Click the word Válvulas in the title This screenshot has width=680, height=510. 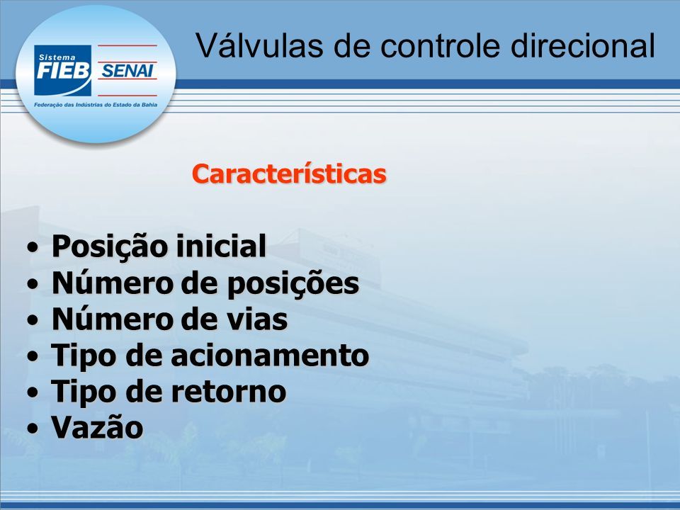pos(259,45)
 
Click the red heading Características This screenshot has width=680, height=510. pos(289,174)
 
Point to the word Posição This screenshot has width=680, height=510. pos(110,246)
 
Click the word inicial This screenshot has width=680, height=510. pos(221,246)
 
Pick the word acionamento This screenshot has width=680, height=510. pos(270,355)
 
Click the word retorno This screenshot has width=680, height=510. pos(229,392)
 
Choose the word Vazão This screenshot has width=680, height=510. pos(98,427)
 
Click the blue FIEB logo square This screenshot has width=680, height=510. pos(63,70)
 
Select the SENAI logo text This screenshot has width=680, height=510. pos(127,70)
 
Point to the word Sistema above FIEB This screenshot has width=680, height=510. pos(57,57)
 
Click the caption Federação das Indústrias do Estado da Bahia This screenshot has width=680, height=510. pos(96,105)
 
